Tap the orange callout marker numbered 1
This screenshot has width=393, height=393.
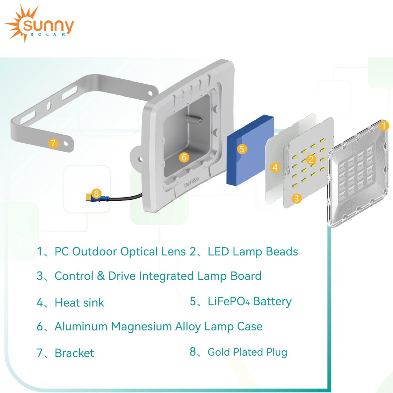pos(384,126)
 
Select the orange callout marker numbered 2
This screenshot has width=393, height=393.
pos(310,159)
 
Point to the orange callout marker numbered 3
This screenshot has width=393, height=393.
pos(297,198)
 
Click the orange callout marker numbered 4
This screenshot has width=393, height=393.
pos(275,167)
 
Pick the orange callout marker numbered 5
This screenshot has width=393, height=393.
pos(242,148)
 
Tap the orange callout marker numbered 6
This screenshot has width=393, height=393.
pos(184,157)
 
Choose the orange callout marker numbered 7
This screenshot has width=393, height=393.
pos(53,143)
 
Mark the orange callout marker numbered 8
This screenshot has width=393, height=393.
pos(96,193)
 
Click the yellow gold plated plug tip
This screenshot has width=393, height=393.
pos(87,198)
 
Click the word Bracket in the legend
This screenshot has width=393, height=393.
pos(74,353)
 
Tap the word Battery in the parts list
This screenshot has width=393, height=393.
pos(272,302)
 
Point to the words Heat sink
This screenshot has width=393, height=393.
pos(79,303)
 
